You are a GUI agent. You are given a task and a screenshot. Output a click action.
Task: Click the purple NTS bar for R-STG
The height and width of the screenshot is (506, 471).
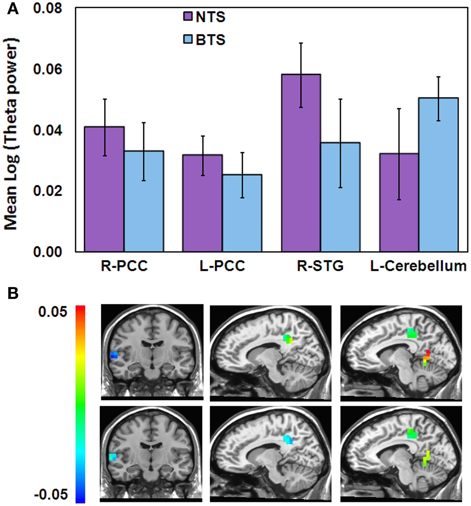pyautogui.click(x=301, y=163)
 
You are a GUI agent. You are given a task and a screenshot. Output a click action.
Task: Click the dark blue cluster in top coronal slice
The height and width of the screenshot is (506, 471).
pyautogui.click(x=114, y=355)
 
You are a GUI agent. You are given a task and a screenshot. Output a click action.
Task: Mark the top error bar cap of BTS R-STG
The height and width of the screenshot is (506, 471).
pyautogui.click(x=340, y=99)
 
